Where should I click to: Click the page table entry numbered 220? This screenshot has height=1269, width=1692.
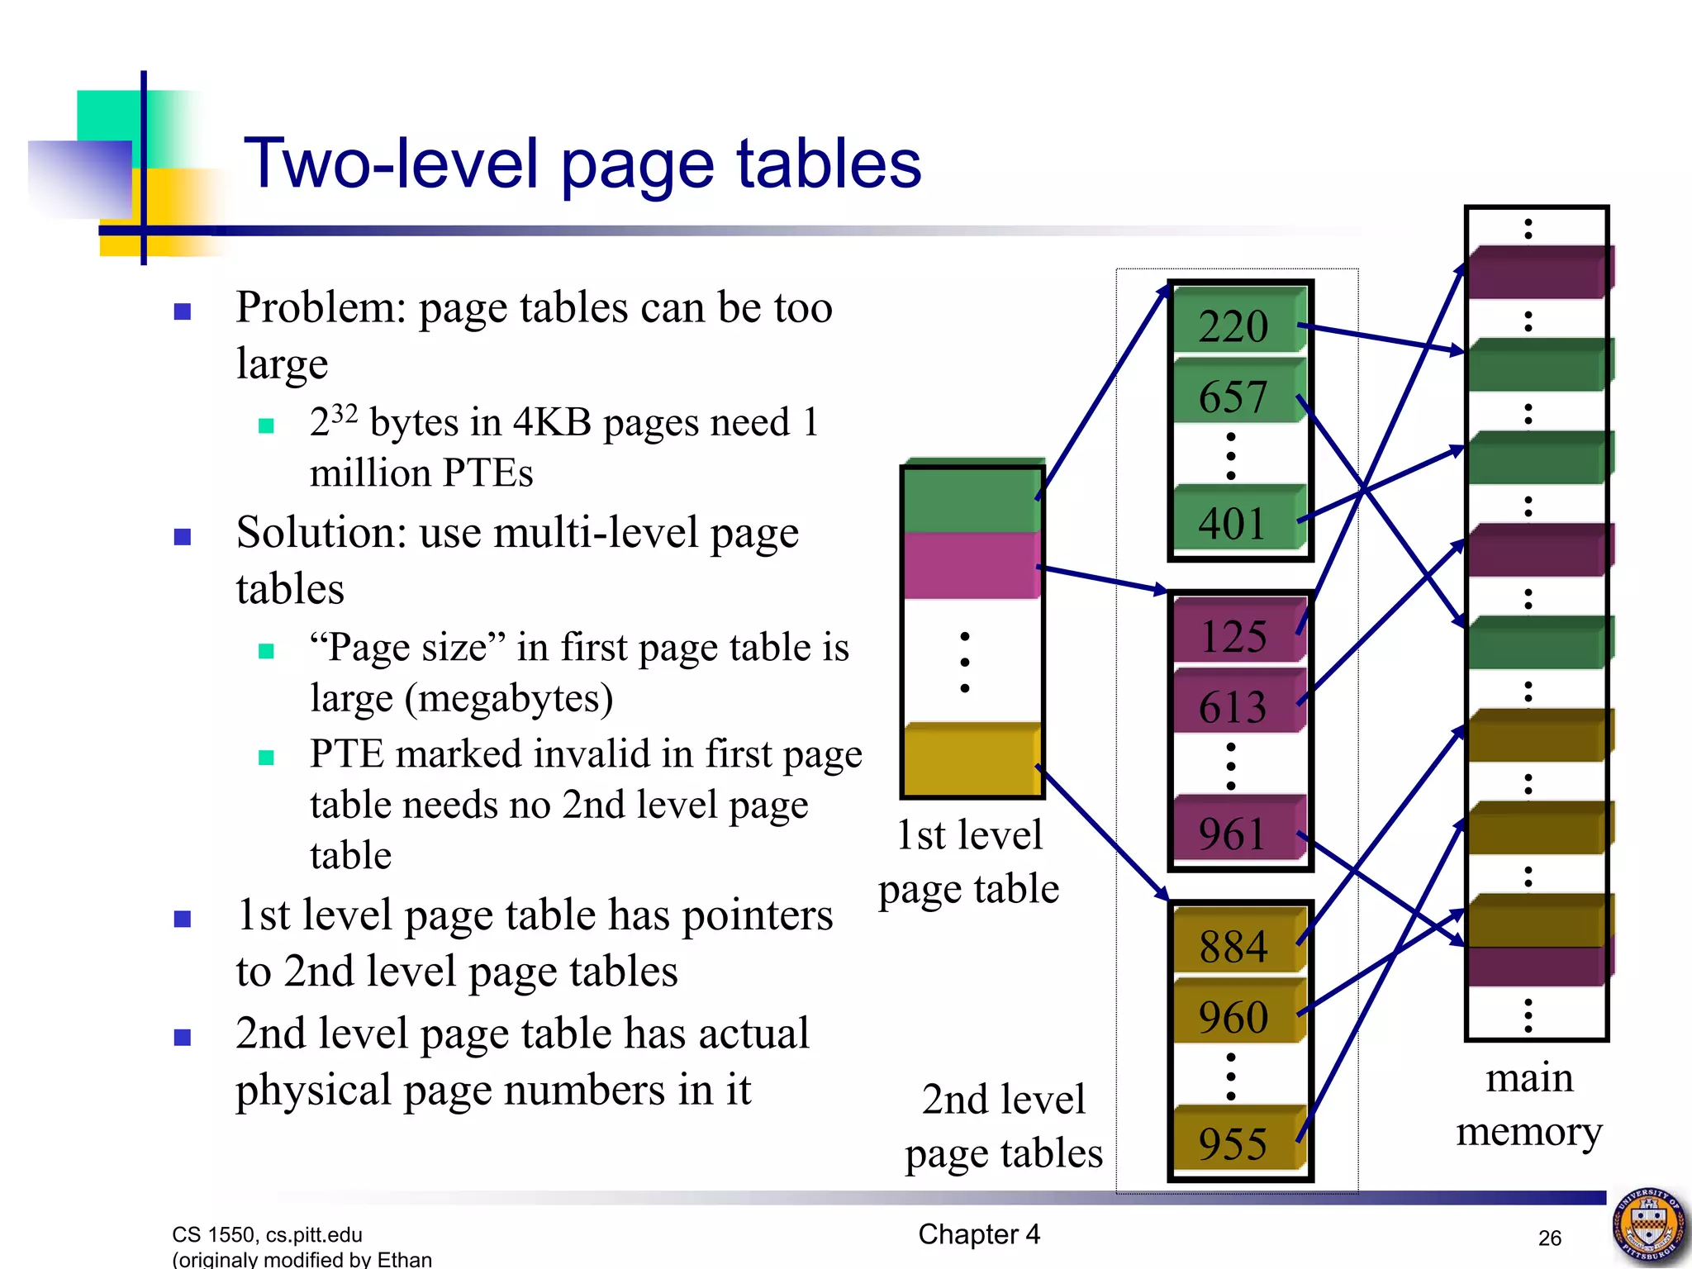click(1237, 324)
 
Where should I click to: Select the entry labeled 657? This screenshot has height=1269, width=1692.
click(1237, 395)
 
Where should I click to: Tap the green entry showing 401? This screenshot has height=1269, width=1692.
click(1237, 522)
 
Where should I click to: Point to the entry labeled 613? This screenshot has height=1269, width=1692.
click(1237, 706)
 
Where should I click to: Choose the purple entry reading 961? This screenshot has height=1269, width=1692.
click(1237, 832)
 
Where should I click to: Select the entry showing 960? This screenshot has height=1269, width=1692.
click(1237, 1015)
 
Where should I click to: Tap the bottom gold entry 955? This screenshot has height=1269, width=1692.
click(1237, 1142)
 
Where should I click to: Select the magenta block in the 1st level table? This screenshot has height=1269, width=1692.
click(972, 565)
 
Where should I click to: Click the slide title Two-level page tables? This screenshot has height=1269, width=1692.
click(582, 164)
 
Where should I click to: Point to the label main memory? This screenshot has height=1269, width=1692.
click(1529, 1104)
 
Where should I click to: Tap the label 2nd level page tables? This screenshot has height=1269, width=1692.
click(1003, 1125)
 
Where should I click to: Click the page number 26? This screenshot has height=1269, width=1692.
click(1549, 1238)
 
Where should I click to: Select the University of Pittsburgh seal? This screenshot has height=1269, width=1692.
click(1649, 1226)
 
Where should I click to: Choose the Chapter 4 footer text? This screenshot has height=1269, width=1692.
click(979, 1233)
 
